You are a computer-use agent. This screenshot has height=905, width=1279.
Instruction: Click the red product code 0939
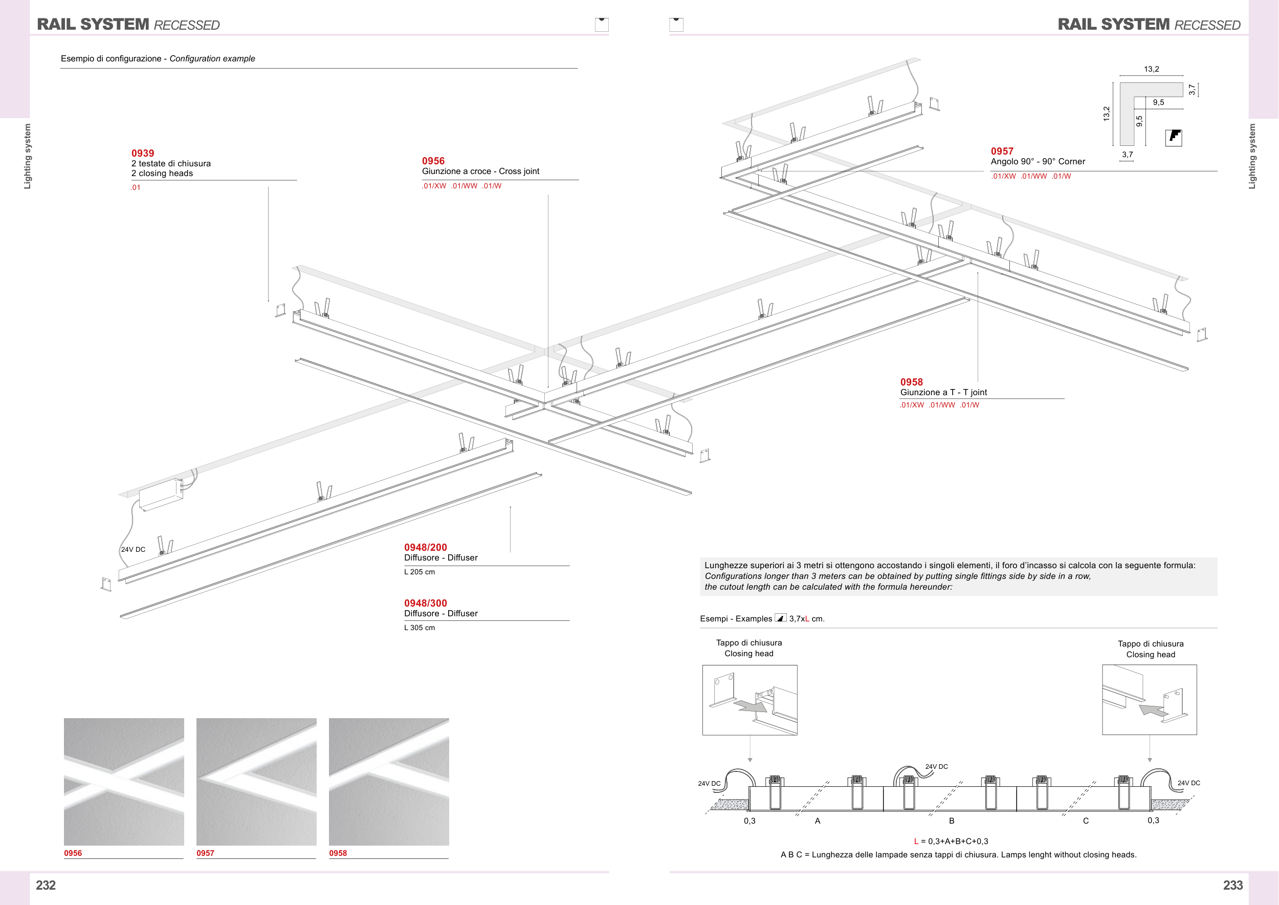[143, 153]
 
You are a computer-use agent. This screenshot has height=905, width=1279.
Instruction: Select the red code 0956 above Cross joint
[433, 161]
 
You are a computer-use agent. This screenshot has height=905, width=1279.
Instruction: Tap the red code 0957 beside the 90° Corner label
[1002, 151]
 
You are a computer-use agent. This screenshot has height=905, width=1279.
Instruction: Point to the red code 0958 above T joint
[911, 382]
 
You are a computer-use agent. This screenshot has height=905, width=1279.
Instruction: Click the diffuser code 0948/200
[425, 547]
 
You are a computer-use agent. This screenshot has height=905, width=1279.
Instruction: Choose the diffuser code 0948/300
[425, 603]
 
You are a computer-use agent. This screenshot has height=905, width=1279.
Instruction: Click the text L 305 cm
[419, 628]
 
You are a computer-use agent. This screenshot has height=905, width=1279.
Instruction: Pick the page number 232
[46, 885]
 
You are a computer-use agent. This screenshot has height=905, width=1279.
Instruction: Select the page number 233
[1232, 885]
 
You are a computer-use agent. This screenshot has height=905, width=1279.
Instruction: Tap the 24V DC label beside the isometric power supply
[133, 549]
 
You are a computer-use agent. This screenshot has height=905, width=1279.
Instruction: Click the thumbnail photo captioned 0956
[124, 781]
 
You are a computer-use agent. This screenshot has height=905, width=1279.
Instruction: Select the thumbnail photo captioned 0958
[388, 781]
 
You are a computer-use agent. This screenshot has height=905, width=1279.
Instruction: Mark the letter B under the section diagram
[952, 821]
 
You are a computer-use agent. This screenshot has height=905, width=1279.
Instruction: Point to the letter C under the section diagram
[1085, 821]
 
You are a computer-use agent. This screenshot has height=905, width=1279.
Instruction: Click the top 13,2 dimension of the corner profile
[1151, 69]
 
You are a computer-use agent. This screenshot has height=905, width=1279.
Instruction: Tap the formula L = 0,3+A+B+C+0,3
[951, 842]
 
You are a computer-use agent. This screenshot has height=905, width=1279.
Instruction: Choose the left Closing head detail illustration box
[749, 700]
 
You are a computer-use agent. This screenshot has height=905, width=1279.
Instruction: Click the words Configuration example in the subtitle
[212, 58]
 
